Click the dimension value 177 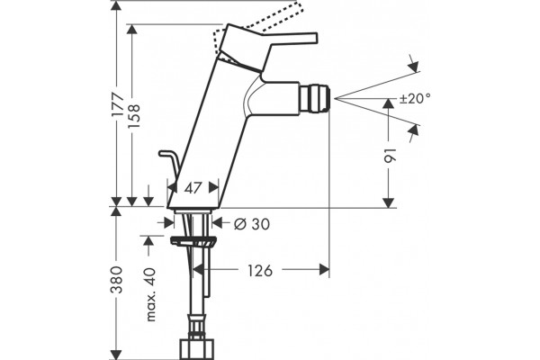pyautogui.click(x=118, y=104)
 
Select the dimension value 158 pyautogui.click(x=133, y=116)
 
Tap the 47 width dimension pyautogui.click(x=193, y=188)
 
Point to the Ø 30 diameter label pyautogui.click(x=252, y=224)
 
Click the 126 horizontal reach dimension pyautogui.click(x=260, y=270)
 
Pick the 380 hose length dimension pyautogui.click(x=116, y=279)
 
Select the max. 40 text pyautogui.click(x=151, y=294)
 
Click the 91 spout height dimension pyautogui.click(x=391, y=156)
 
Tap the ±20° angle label pyautogui.click(x=415, y=99)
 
